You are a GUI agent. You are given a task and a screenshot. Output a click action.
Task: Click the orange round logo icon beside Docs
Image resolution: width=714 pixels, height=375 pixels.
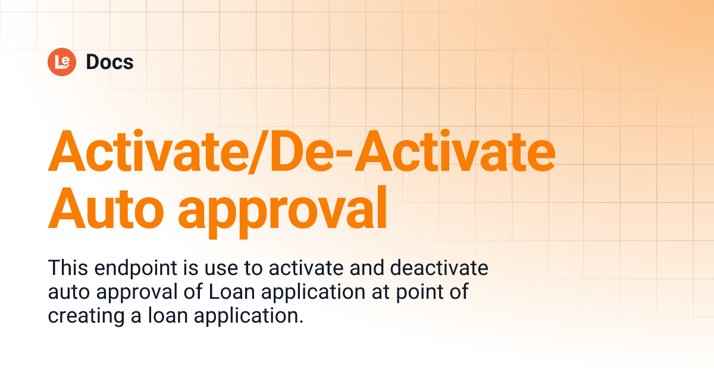coord(62,61)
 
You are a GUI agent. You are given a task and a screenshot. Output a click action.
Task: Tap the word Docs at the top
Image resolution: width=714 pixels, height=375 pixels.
coord(109,62)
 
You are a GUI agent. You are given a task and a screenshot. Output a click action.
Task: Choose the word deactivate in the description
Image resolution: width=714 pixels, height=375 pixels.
coord(439,268)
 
